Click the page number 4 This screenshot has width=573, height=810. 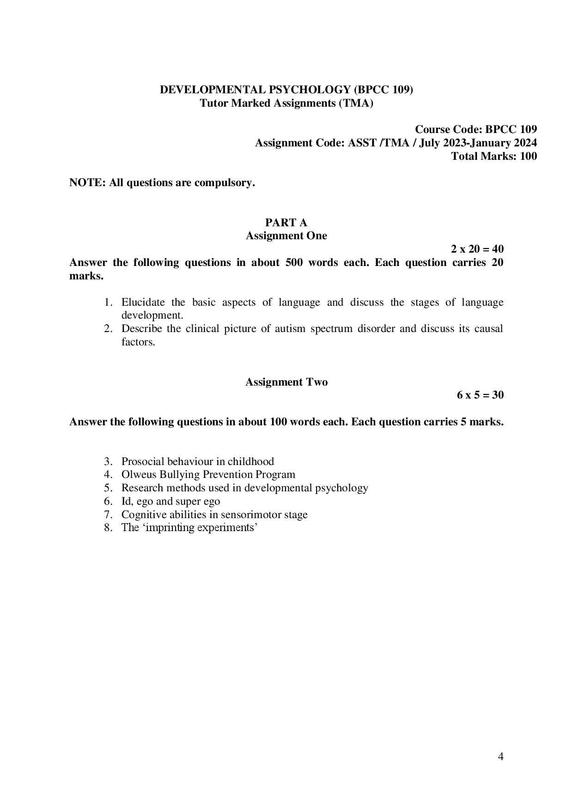coord(501,756)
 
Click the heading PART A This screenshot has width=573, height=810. coord(286,223)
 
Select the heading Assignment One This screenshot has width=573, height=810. coord(286,236)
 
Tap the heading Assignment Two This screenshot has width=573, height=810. coord(286,382)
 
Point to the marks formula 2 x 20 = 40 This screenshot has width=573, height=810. coord(477,249)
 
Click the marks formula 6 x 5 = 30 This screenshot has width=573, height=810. coord(480,395)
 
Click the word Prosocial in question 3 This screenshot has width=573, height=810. coord(142,461)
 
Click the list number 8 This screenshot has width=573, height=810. coord(108,527)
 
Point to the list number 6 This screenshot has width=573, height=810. coord(108,501)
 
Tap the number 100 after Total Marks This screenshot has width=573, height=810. coord(528,156)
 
